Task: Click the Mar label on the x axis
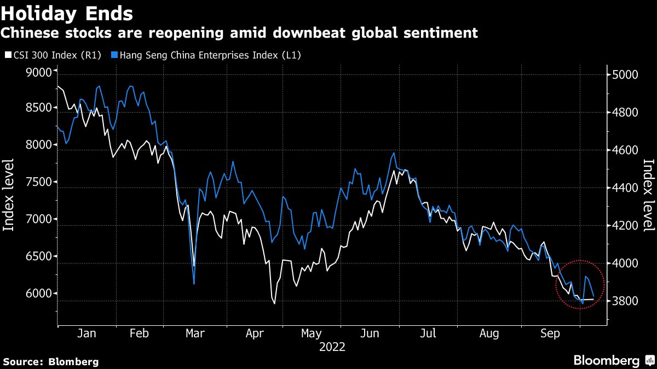pos(195,333)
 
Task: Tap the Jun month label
pos(371,333)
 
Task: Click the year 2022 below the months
pos(332,347)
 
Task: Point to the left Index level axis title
pos(9,203)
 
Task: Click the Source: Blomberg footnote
pos(51,361)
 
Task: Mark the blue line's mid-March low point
pos(194,284)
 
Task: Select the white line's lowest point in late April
pos(274,303)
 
